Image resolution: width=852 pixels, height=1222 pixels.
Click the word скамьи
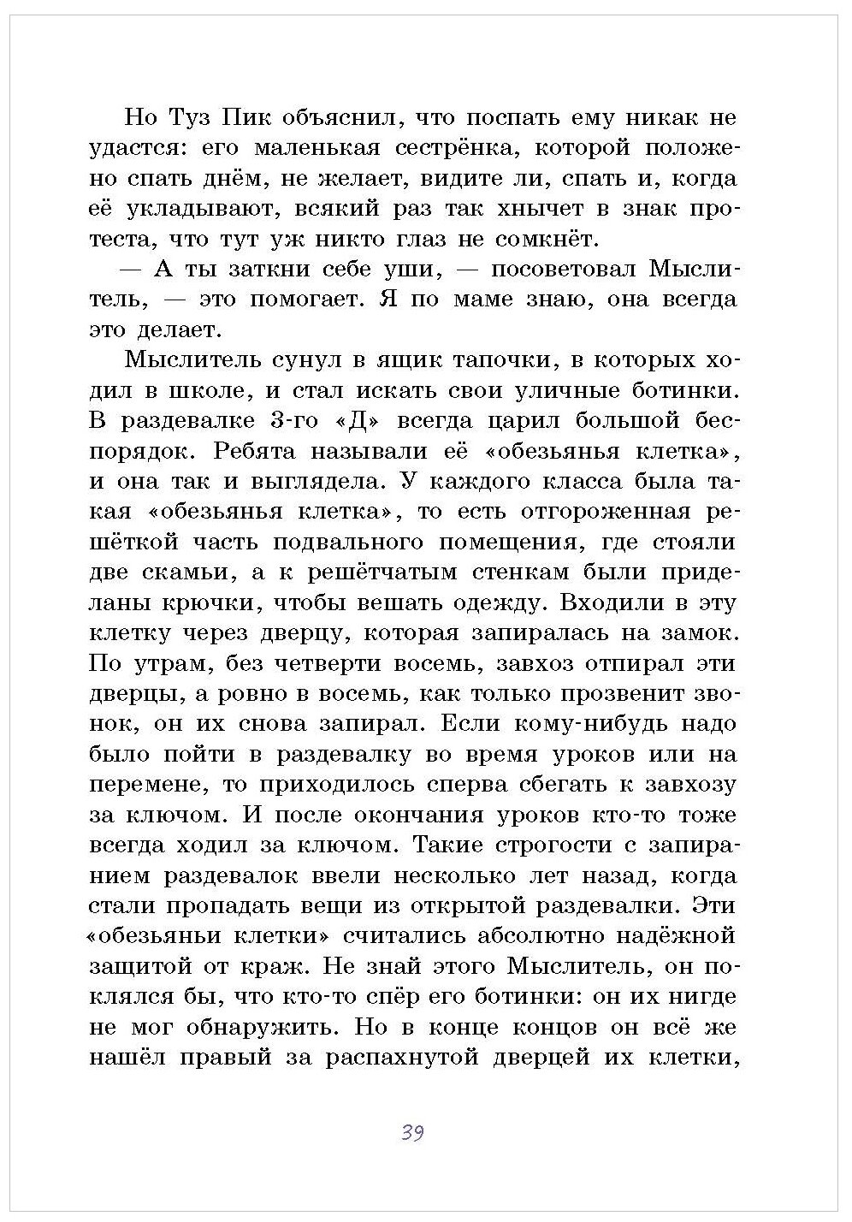tap(175, 572)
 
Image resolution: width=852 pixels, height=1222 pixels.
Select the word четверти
tap(326, 664)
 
